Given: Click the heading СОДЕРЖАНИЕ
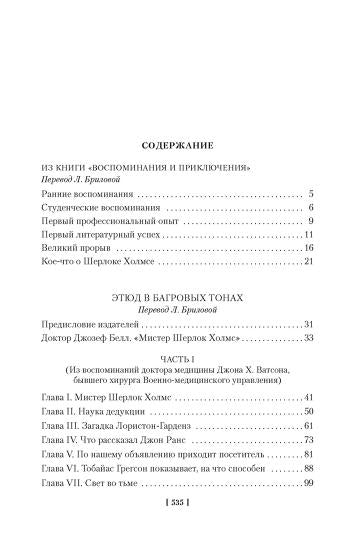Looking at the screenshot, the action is (179, 144).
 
